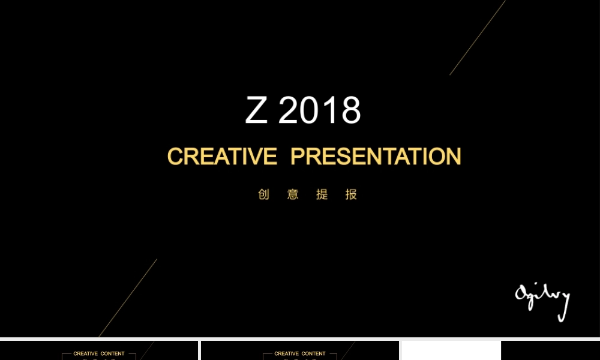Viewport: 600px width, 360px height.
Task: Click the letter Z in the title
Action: pos(256,110)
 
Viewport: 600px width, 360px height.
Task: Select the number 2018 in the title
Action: pos(320,110)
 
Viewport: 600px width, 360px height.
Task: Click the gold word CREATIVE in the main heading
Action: pos(222,157)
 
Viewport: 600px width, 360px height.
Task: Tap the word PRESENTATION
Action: pos(376,157)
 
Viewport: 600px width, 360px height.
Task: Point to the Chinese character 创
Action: pos(263,194)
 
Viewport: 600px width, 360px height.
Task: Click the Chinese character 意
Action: pos(293,194)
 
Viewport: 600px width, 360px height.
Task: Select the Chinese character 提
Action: pos(322,194)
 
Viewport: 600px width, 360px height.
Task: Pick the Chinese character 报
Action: pos(352,194)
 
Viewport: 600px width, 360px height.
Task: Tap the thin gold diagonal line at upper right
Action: pos(478,37)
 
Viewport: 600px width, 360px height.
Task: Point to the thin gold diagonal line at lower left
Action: pos(128,298)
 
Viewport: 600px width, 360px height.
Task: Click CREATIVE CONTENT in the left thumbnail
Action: pos(99,353)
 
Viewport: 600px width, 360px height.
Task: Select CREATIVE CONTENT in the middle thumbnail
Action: pos(300,353)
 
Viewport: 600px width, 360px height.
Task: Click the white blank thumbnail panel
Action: pos(451,350)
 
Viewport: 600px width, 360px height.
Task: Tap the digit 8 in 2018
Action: pos(350,110)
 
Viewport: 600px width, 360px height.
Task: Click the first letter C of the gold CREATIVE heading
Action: pos(175,157)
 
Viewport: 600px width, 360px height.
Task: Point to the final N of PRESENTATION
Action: pos(453,157)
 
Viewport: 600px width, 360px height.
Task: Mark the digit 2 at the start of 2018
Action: pos(290,110)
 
